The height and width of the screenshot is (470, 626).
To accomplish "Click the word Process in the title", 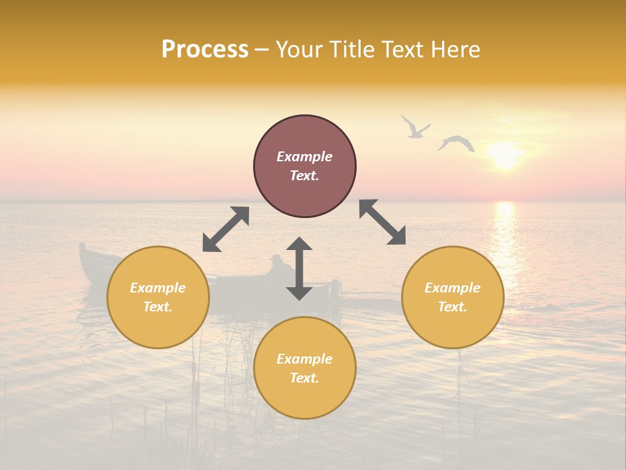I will [205, 50].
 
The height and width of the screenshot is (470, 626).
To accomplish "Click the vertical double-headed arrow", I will [299, 268].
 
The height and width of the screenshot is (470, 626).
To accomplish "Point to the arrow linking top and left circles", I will [226, 229].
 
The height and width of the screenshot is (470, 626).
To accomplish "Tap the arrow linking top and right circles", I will [383, 222].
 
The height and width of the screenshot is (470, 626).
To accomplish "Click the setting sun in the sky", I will [505, 155].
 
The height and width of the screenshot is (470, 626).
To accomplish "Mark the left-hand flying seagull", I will [414, 127].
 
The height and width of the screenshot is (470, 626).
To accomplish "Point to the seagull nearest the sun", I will [456, 143].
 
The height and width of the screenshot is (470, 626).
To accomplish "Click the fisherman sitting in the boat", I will [278, 266].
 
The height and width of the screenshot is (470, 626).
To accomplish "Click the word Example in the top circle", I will [305, 157].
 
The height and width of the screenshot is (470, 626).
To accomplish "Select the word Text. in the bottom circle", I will [305, 378].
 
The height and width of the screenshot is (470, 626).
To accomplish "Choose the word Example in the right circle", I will [453, 288].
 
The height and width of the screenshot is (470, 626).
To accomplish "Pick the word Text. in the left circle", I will [158, 307].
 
